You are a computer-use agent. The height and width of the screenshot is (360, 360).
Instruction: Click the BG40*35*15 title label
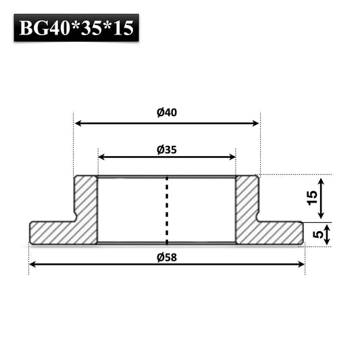[x=76, y=28]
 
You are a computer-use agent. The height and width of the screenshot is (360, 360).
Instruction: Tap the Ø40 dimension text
[x=166, y=113]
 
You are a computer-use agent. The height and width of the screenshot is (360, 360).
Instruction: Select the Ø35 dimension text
[x=167, y=150]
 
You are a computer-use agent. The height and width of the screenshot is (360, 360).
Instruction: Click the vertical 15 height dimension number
[x=311, y=198]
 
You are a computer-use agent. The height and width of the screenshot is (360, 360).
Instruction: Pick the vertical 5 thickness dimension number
[x=317, y=234]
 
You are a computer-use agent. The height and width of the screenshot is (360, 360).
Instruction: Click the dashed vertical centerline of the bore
[x=167, y=210]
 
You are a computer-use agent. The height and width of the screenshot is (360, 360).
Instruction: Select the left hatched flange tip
[x=51, y=233]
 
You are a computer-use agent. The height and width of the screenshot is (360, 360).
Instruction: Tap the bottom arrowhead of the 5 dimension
[x=327, y=242]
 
